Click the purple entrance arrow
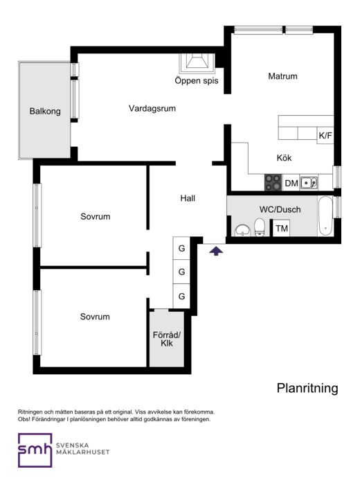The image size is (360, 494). pyautogui.click(x=216, y=251)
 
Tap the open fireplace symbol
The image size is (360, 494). pyautogui.click(x=197, y=63)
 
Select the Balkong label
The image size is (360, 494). pyautogui.click(x=45, y=112)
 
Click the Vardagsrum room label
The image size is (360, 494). pyautogui.click(x=152, y=108)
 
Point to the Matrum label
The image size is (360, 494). pyautogui.click(x=282, y=76)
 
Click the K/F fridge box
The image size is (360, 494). pyautogui.click(x=325, y=136)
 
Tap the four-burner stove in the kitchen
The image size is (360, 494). pyautogui.click(x=273, y=182)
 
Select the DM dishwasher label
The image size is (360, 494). pyautogui.click(x=291, y=184)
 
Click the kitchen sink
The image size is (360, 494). pyautogui.click(x=309, y=183)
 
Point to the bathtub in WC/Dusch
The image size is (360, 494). pyautogui.click(x=325, y=216)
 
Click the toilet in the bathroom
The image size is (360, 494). pyautogui.click(x=260, y=227)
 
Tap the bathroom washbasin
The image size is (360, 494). pyautogui.click(x=242, y=230)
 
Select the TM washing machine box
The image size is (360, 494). pyautogui.click(x=282, y=228)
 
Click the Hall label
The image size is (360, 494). pyautogui.click(x=188, y=198)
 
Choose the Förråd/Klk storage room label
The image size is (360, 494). pyautogui.click(x=167, y=339)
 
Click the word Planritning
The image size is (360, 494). pyautogui.click(x=307, y=388)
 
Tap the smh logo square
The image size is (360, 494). pyautogui.click(x=35, y=450)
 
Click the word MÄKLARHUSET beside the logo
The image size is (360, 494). pyautogui.click(x=83, y=452)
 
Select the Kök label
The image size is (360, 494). pyautogui.click(x=284, y=158)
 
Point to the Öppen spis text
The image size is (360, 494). pyautogui.click(x=197, y=80)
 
